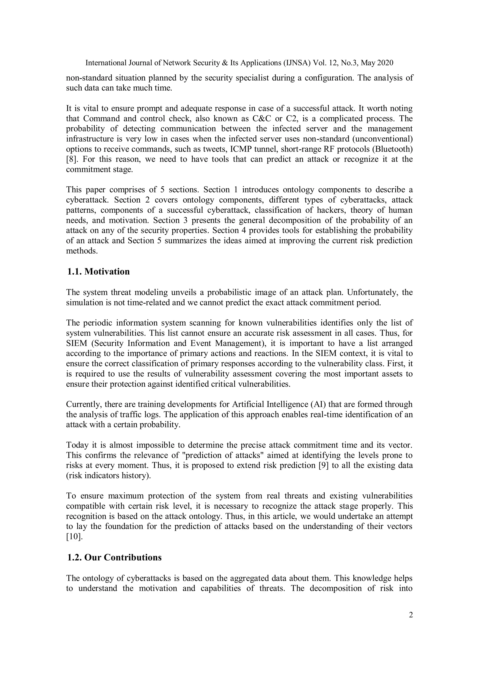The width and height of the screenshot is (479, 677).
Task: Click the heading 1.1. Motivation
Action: pos(98,272)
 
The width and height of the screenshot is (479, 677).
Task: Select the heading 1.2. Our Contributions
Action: pos(114,558)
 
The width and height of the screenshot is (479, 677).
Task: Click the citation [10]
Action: pos(73,537)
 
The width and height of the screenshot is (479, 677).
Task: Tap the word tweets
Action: pos(216,149)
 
